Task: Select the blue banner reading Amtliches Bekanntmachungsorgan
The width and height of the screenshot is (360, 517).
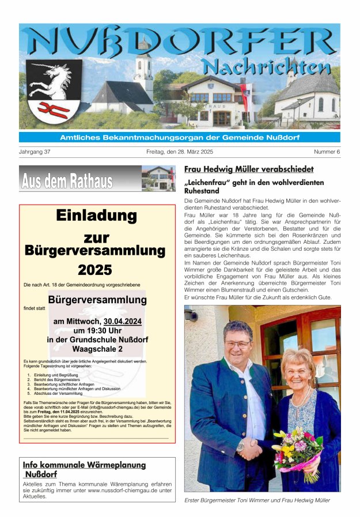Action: click(179, 137)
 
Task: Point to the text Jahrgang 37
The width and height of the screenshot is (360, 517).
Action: click(35, 152)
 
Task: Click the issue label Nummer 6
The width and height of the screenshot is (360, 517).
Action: click(327, 152)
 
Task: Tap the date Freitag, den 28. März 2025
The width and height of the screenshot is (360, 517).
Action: click(179, 152)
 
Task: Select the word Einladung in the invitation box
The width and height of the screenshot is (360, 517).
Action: click(96, 216)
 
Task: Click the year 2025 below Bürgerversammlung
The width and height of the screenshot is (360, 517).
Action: click(95, 269)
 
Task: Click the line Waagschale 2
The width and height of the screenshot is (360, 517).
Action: click(97, 349)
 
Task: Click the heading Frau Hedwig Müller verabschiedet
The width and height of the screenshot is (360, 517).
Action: click(249, 169)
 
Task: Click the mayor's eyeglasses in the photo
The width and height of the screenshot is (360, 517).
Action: click(237, 344)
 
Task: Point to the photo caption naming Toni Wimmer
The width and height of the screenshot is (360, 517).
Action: click(257, 500)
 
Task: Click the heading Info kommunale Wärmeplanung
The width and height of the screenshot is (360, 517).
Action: click(84, 465)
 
